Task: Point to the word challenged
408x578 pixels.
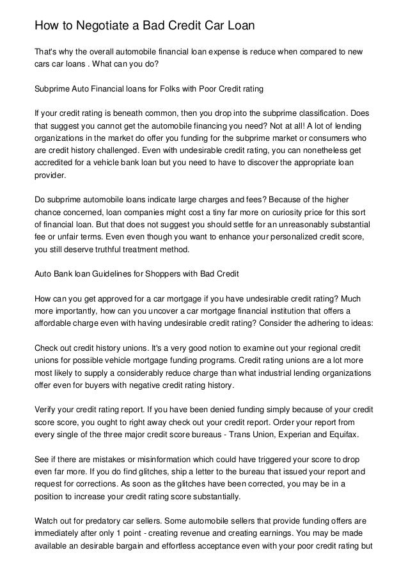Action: tap(119, 149)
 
